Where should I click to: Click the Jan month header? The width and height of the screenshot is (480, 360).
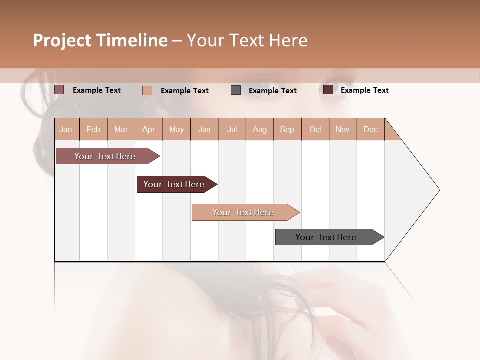pos(66,129)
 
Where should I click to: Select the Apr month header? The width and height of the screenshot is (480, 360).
pos(148,129)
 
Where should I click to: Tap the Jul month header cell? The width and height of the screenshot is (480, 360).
pos(232,129)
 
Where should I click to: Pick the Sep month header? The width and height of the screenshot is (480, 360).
pos(287,129)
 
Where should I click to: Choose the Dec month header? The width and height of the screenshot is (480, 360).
pos(370,129)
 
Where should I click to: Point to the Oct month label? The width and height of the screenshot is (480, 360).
pos(315,129)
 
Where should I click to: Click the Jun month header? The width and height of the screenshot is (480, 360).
pos(204,129)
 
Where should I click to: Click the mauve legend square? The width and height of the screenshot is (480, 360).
pos(59,90)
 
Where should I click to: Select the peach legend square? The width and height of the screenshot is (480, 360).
pos(147,90)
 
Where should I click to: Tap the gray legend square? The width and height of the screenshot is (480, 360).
pos(236,90)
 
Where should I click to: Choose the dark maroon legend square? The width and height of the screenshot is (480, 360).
pos(328,90)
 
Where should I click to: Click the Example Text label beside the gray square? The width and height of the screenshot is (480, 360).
pos(272,91)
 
